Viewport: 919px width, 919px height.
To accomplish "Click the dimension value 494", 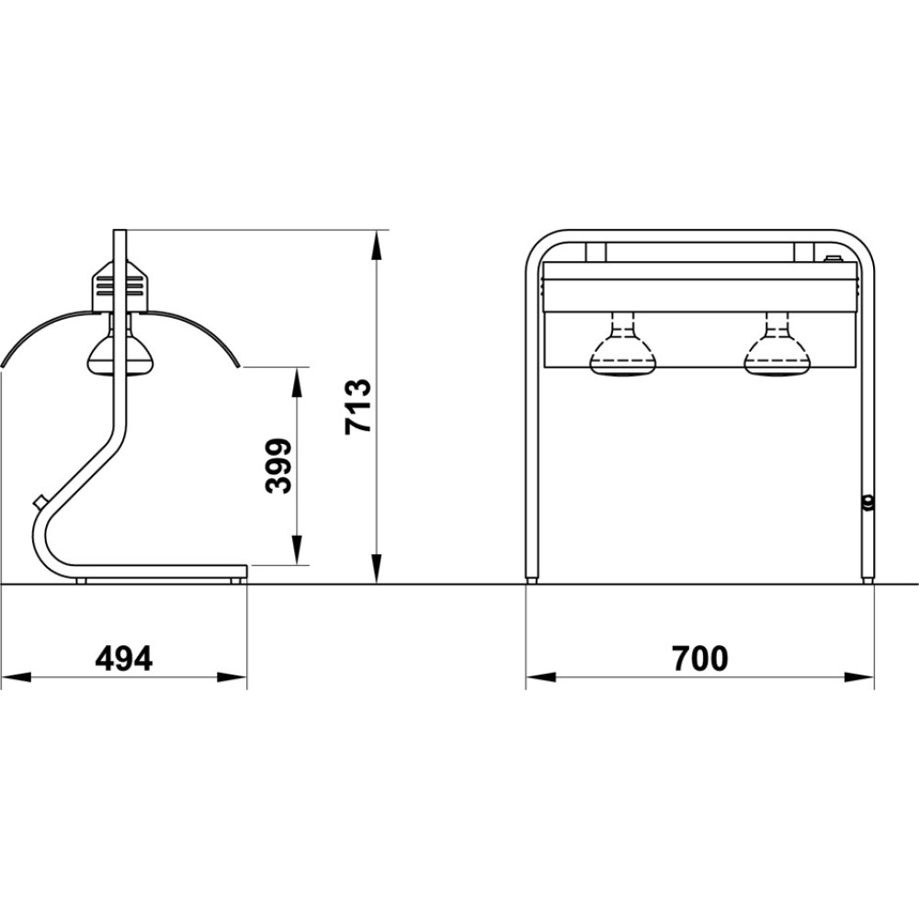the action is (x=124, y=659).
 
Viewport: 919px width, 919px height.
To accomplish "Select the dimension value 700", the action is (x=699, y=658).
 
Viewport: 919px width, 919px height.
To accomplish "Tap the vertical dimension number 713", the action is (x=358, y=406).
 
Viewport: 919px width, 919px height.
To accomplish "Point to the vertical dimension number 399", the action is (x=278, y=466).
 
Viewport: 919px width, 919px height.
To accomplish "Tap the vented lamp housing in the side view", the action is (x=119, y=286).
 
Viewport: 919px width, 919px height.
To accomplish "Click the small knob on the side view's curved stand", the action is (x=40, y=503).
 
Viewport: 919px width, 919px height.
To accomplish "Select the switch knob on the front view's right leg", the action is (x=868, y=503).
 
